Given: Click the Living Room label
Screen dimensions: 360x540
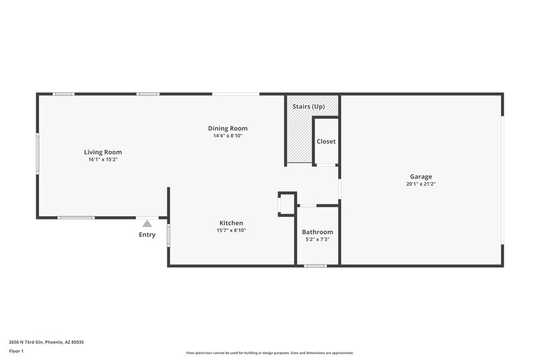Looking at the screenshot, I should point(103,152).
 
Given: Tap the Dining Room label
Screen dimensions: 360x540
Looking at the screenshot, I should point(227,128).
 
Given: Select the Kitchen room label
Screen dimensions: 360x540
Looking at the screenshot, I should point(231,223).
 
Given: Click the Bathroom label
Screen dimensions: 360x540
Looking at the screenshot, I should point(317,232).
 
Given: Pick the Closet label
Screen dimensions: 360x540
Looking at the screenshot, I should point(326,141).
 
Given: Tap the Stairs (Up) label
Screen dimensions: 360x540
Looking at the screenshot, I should point(308,107).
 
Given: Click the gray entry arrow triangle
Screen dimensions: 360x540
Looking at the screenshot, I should point(147,223).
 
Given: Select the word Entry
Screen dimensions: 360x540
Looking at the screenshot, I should point(147,235).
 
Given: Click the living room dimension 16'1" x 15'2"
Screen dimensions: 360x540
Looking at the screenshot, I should point(103,160).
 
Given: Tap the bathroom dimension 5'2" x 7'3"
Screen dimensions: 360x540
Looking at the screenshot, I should point(317,240).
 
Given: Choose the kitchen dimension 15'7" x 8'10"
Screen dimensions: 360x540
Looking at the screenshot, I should point(231,230).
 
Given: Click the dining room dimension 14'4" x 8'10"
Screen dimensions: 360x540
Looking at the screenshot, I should point(227,136).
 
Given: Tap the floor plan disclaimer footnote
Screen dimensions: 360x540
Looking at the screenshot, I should point(269,353).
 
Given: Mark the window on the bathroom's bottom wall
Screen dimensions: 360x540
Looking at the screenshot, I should point(315,265).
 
